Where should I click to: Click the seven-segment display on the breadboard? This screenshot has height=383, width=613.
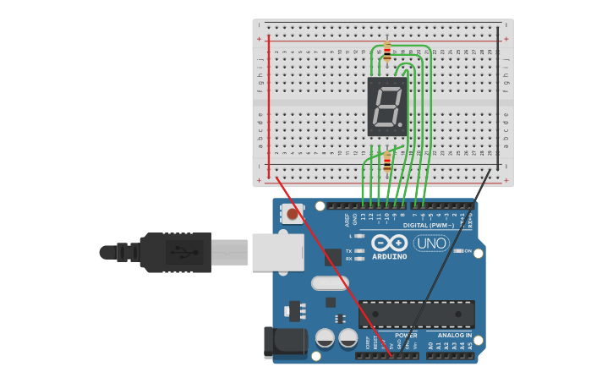(387, 107)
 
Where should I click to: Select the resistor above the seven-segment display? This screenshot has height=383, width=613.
(387, 52)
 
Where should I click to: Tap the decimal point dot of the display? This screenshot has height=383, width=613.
(402, 127)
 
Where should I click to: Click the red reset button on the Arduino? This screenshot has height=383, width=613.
(293, 214)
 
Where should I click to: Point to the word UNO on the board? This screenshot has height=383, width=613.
(430, 243)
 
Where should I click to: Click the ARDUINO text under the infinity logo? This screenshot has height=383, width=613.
(389, 256)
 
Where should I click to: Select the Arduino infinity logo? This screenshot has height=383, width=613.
(389, 243)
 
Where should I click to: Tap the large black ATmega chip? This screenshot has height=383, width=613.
(416, 314)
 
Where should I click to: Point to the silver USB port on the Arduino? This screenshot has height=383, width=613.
(277, 252)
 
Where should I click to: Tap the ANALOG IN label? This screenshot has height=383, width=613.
(455, 336)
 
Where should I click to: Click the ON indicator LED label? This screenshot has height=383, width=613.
(468, 251)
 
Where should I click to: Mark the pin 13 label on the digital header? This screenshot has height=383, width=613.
(364, 217)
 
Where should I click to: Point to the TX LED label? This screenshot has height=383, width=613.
(349, 251)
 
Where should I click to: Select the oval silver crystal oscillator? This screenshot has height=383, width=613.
(330, 283)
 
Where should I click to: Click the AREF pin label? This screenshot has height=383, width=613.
(347, 219)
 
